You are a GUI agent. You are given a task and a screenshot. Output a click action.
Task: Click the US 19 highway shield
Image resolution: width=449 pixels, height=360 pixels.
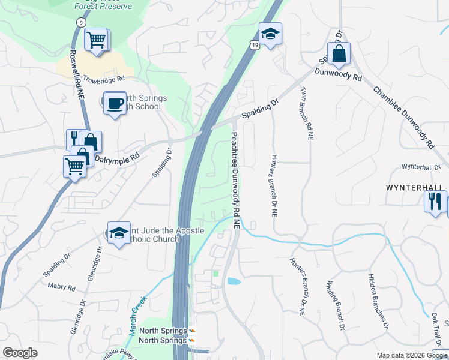click(x=255, y=45)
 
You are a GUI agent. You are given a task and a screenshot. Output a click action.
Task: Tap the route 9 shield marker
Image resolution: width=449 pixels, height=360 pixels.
click(x=79, y=22)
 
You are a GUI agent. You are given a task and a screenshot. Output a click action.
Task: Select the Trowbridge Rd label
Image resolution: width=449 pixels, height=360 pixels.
click(x=104, y=79)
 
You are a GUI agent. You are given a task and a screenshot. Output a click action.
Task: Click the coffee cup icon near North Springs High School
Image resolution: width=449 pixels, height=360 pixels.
click(x=114, y=103)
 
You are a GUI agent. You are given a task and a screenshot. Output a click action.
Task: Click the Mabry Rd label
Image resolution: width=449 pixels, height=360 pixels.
click(x=62, y=288)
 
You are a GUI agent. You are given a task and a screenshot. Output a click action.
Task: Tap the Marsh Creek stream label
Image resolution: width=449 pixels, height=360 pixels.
click(x=137, y=316)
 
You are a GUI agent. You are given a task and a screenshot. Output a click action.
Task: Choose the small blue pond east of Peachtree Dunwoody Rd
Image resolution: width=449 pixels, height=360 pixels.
click(x=234, y=281)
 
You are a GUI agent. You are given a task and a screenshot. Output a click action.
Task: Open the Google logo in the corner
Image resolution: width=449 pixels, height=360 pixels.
click(x=20, y=352)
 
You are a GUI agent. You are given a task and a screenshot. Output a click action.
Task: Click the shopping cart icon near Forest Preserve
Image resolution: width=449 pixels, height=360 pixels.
click(x=96, y=40)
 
